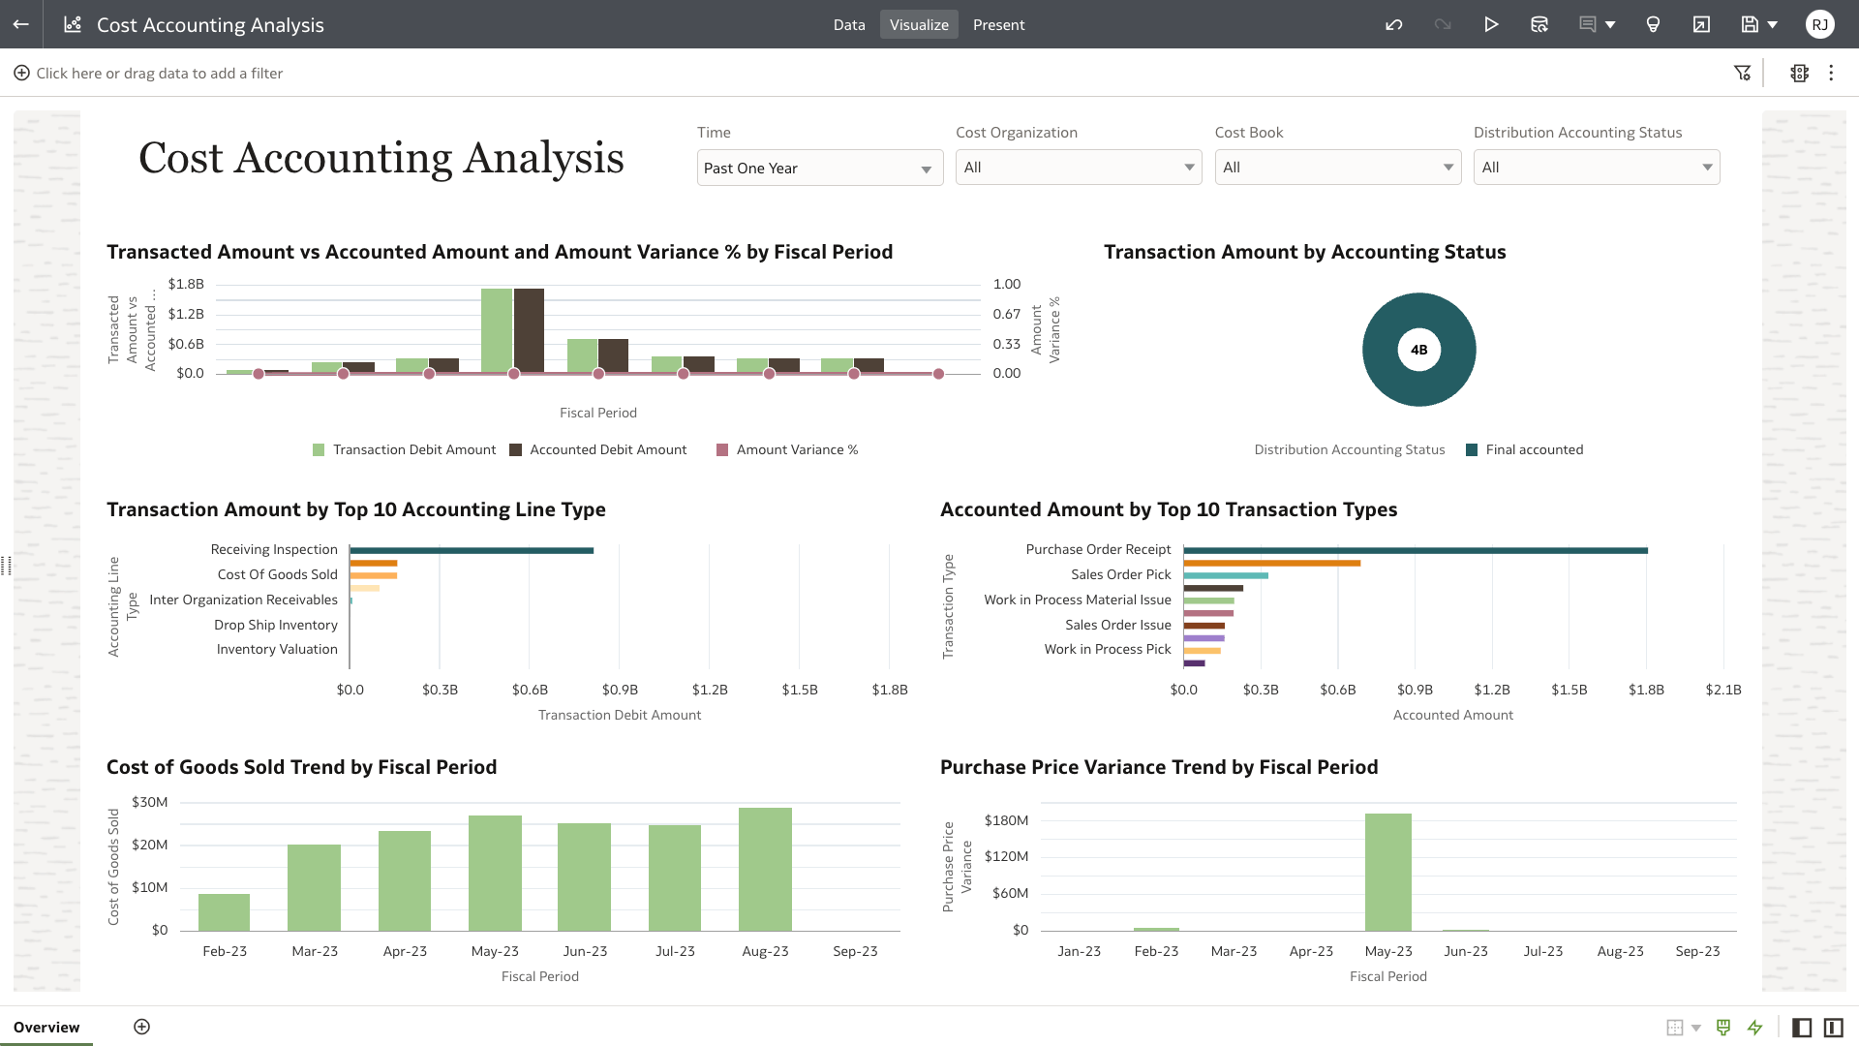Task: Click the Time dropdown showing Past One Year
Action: point(819,169)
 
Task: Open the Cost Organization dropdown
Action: point(1078,168)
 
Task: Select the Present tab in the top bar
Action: point(998,25)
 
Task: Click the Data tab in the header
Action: point(848,25)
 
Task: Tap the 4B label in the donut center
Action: point(1418,350)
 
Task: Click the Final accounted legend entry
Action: point(1534,449)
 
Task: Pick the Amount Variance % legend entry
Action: point(796,449)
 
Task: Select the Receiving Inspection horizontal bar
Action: point(472,550)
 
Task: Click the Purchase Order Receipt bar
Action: point(1414,550)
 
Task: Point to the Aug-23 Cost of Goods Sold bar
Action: point(765,869)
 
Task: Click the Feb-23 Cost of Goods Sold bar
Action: point(224,911)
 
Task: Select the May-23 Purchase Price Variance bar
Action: point(1387,872)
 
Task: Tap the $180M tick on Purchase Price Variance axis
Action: point(1006,820)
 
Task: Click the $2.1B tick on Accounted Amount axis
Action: point(1722,690)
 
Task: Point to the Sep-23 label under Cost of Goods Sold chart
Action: point(855,951)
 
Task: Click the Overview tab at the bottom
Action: point(46,1027)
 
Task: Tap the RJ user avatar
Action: point(1819,25)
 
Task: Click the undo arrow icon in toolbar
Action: point(1393,25)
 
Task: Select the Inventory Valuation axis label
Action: point(277,649)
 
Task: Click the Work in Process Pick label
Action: point(1107,649)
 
